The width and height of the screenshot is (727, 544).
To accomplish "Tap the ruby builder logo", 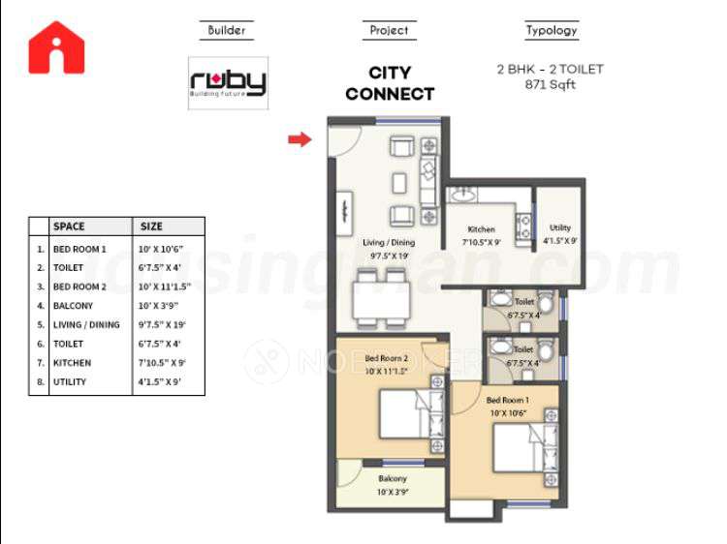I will tap(228, 83).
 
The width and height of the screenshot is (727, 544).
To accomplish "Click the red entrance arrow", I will tap(300, 139).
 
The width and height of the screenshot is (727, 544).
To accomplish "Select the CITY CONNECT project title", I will tap(390, 83).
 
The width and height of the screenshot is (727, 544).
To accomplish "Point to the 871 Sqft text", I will tap(551, 84).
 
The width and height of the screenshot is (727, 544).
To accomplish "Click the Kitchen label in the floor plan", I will tap(482, 229).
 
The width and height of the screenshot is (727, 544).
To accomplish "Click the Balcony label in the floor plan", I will tap(393, 478).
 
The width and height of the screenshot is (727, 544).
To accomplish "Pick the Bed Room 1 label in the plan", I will tap(507, 401).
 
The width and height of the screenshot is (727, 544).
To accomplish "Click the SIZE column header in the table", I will tap(152, 227).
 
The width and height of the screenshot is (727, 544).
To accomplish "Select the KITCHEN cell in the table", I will tap(73, 363).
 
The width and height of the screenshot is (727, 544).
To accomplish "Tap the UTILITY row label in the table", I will tap(70, 382).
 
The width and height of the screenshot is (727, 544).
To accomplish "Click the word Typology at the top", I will tap(552, 30).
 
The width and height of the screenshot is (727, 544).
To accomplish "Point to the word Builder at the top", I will tap(228, 30).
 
